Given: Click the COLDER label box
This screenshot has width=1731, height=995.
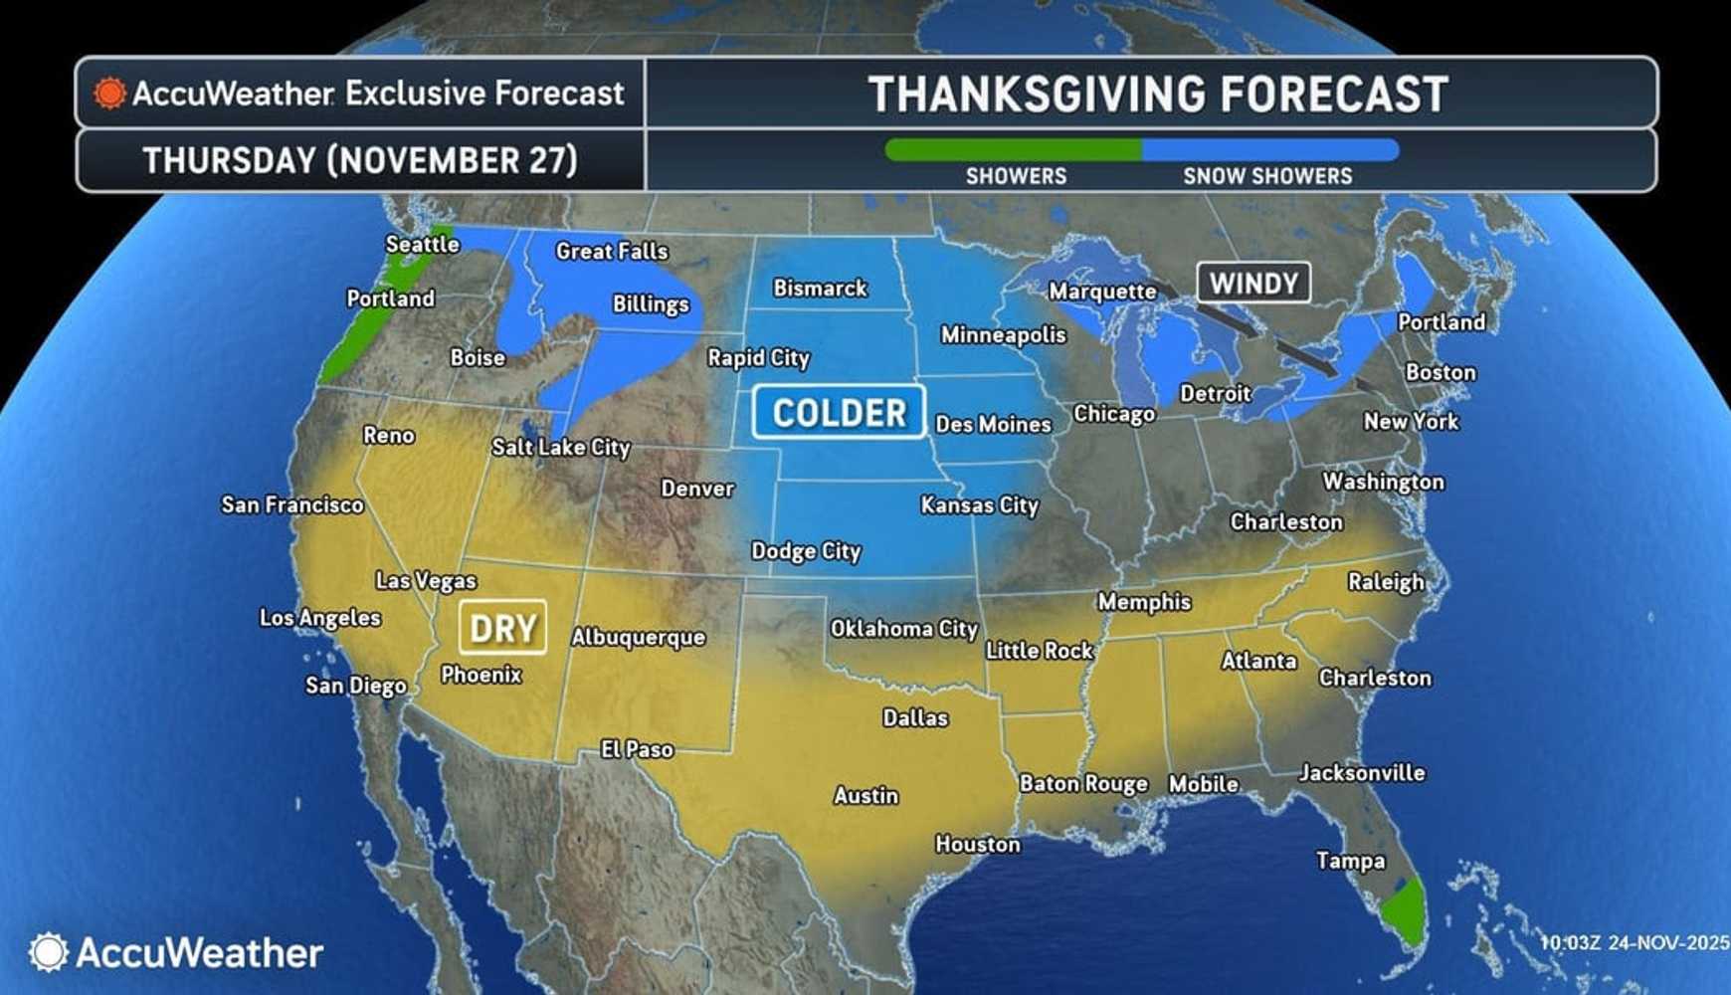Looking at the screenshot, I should click(839, 412).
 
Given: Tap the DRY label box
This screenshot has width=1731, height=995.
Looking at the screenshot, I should click(502, 628).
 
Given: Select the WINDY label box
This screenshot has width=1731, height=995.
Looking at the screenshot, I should click(1252, 284).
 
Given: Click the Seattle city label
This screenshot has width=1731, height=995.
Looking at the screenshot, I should click(422, 244).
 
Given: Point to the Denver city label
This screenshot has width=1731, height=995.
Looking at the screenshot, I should click(697, 489).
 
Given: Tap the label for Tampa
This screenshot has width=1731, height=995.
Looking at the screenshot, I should click(1350, 861).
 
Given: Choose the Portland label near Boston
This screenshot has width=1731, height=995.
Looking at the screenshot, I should click(1441, 322).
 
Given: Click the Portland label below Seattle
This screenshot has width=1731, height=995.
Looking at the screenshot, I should click(390, 298).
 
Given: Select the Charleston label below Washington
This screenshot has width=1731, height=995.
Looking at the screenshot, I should click(1285, 521).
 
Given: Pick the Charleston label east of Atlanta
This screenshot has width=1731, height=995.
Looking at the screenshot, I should click(1374, 678).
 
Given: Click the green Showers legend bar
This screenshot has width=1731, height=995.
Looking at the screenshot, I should click(1013, 150).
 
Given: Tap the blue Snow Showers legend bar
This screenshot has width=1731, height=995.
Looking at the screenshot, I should click(1269, 150).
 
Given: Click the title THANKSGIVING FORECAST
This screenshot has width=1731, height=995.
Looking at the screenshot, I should click(1158, 95).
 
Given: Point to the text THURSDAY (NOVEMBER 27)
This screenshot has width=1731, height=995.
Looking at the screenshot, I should click(360, 160).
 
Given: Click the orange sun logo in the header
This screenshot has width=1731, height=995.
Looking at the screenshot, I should click(109, 94).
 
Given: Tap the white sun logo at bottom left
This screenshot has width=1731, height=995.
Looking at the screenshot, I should click(48, 952).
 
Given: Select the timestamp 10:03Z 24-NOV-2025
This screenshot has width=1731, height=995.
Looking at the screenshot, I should click(1635, 942).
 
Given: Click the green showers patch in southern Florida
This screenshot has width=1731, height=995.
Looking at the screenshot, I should click(1404, 909).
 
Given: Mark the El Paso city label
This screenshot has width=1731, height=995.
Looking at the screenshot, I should click(637, 749).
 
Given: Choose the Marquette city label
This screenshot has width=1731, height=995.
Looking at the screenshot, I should click(1102, 292).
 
